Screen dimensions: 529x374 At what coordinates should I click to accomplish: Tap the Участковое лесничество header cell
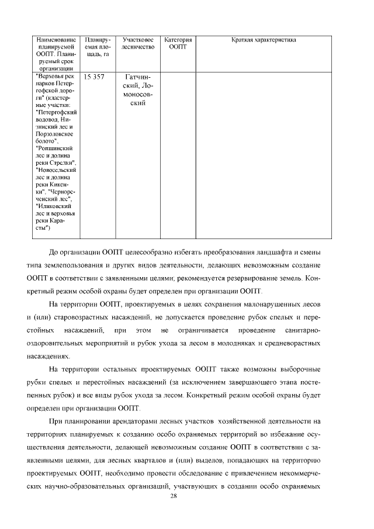tap(138, 43)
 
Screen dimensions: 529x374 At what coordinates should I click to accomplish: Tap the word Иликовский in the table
tap(54, 206)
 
